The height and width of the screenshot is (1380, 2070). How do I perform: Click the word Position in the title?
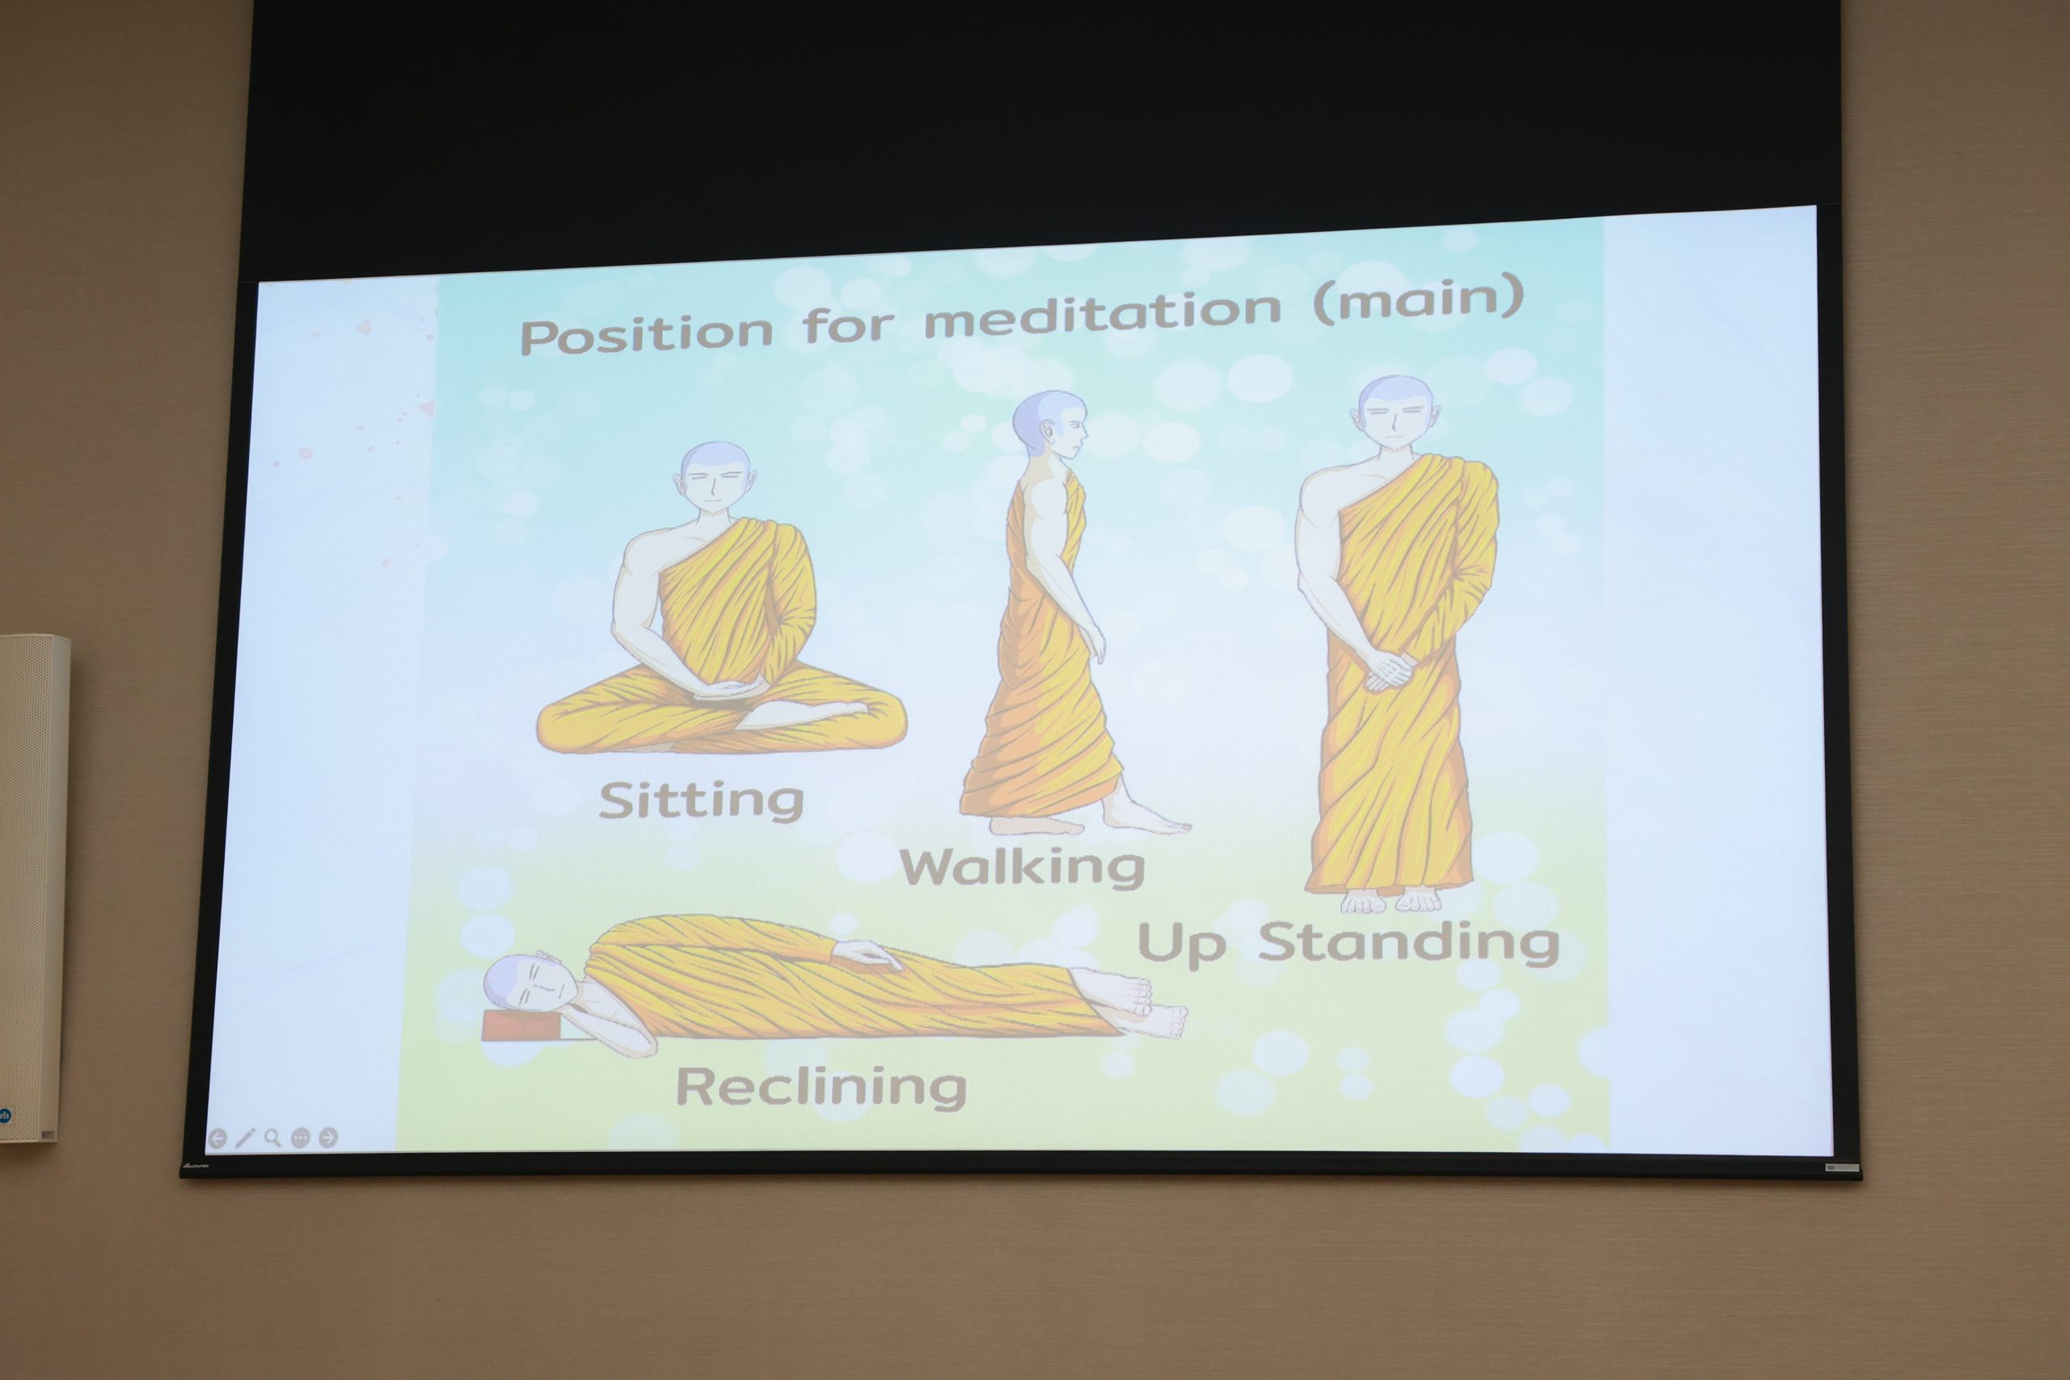click(647, 334)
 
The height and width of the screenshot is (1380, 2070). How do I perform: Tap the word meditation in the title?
click(1103, 312)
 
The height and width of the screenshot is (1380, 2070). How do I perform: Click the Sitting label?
click(701, 800)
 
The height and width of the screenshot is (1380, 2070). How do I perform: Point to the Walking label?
click(1022, 867)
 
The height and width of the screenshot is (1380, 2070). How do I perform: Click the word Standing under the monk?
click(1408, 943)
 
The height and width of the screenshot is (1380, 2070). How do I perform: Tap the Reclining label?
click(820, 1086)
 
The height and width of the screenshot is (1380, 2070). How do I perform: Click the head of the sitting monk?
click(715, 479)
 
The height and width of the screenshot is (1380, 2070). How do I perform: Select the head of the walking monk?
click(1050, 425)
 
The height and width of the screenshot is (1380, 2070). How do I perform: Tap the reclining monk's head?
click(530, 985)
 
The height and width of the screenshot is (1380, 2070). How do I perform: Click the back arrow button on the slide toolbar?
click(218, 1139)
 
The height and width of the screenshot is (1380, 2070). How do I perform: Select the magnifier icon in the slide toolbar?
click(272, 1138)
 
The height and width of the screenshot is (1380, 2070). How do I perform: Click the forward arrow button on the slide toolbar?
click(328, 1138)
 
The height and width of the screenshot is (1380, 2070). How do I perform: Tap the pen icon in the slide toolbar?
click(245, 1138)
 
